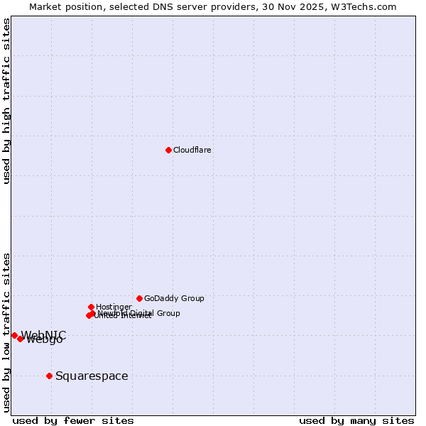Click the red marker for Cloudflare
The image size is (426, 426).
(168, 150)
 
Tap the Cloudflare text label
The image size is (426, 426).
(192, 150)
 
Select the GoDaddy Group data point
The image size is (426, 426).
(139, 298)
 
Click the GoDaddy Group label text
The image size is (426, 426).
(174, 298)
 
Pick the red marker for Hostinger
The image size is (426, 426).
(91, 307)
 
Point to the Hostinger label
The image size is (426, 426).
(114, 307)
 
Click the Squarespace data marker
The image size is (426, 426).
(49, 376)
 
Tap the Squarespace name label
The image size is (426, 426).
(92, 376)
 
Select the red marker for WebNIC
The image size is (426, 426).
(14, 335)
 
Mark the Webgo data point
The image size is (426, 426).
(21, 339)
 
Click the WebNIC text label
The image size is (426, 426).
(43, 335)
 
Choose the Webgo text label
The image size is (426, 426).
(45, 339)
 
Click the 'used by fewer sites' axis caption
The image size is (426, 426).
(73, 420)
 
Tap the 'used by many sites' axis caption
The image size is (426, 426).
(356, 420)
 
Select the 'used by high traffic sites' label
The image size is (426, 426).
(7, 101)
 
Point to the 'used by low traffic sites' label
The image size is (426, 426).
(7, 332)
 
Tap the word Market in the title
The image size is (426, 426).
(47, 6)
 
